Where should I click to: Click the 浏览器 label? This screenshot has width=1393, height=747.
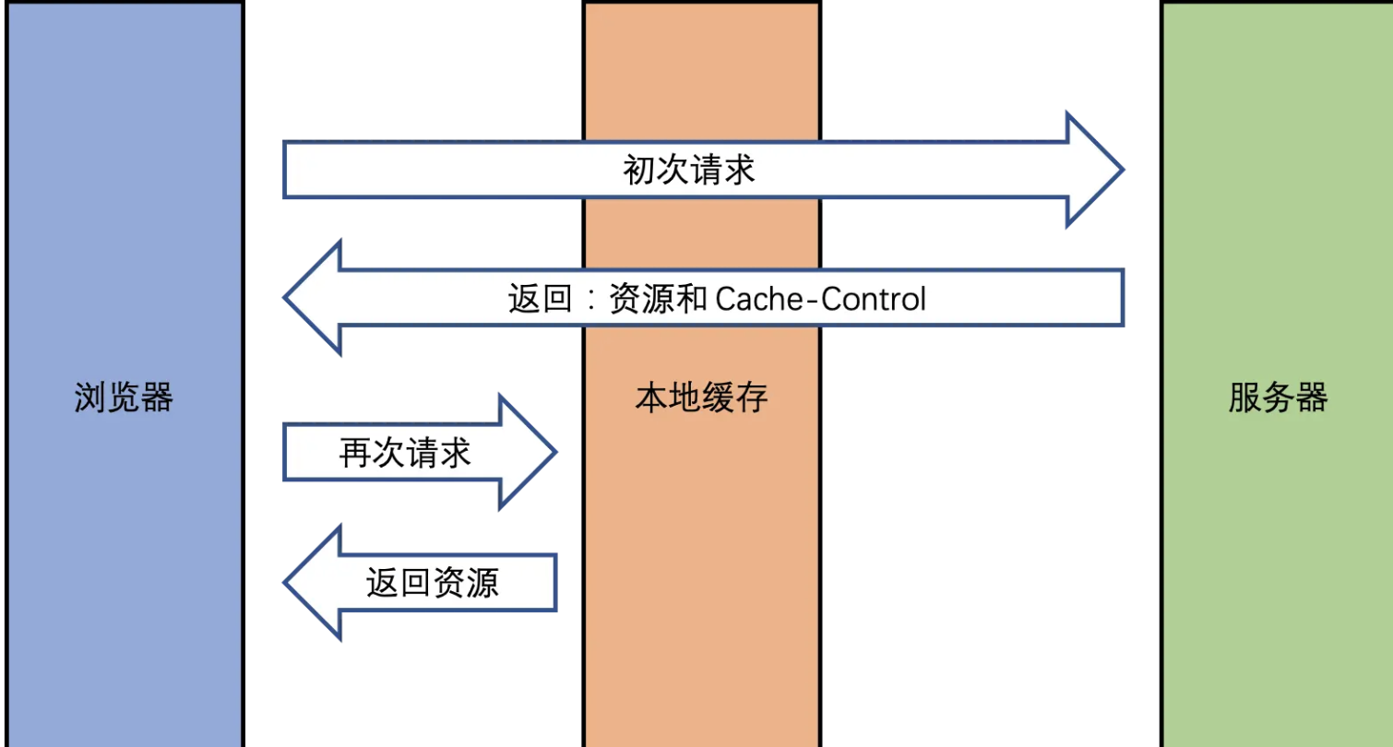tap(124, 398)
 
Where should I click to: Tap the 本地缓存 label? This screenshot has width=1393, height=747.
tap(701, 398)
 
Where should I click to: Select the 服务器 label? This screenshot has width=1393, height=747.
tap(1278, 398)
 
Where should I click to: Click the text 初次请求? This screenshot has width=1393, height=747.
tap(689, 171)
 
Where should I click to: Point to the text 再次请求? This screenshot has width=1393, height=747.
tap(405, 453)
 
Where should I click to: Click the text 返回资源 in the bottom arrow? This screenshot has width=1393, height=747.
tap(433, 583)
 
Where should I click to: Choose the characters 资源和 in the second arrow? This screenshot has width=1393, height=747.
tap(658, 300)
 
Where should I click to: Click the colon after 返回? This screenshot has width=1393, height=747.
tap(590, 301)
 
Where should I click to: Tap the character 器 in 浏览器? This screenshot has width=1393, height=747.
tap(157, 398)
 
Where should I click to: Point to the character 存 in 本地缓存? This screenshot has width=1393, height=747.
tap(752, 398)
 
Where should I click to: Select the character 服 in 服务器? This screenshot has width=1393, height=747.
tap(1244, 398)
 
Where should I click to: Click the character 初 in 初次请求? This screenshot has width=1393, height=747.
tap(639, 171)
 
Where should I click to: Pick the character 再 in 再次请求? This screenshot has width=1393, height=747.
tap(355, 453)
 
